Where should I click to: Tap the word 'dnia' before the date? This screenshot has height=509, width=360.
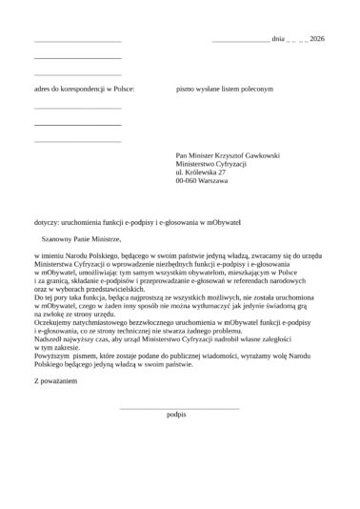(279, 41)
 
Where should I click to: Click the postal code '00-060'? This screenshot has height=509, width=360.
(188, 180)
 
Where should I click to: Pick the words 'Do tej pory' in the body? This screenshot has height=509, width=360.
(50, 298)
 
